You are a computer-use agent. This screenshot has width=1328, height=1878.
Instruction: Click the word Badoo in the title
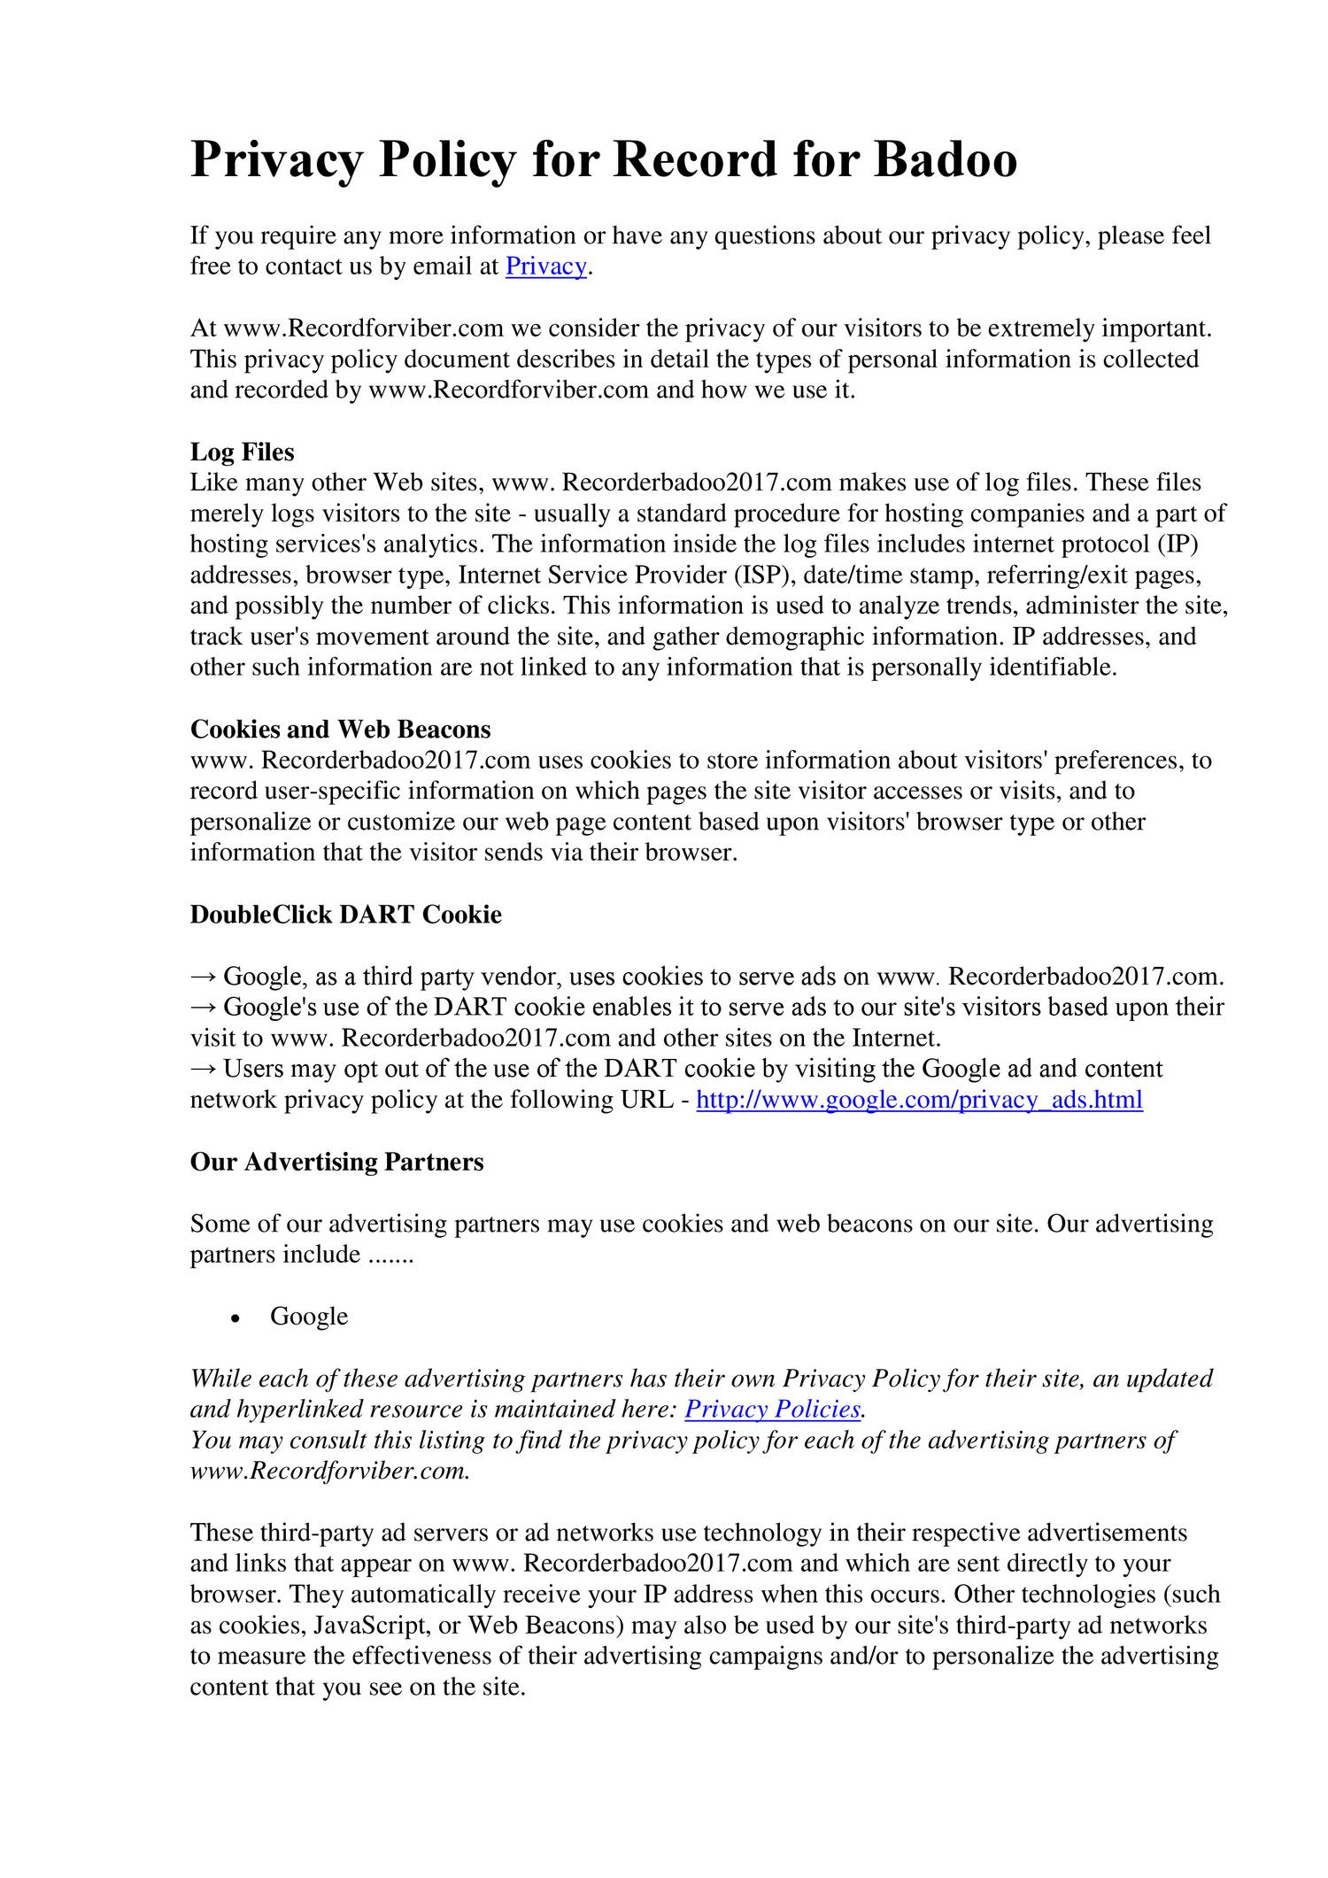pos(945,160)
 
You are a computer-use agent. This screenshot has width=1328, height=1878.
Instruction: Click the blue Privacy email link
pos(545,267)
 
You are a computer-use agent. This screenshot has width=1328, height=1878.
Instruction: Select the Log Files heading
pos(242,452)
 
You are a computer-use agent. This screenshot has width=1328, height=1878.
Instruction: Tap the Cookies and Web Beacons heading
pos(340,730)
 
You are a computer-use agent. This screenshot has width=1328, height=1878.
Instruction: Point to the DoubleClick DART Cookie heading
pos(345,915)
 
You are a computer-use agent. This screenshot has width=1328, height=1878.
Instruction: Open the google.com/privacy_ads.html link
pos(919,1100)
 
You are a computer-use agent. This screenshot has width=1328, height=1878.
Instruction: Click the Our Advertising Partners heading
pos(336,1162)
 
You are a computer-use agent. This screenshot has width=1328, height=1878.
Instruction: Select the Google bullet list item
pos(309,1316)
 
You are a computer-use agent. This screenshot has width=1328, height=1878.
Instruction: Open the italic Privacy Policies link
pos(773,1409)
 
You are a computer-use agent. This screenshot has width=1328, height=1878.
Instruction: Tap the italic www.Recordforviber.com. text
pos(329,1471)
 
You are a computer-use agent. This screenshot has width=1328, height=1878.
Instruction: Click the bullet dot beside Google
pos(235,1318)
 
